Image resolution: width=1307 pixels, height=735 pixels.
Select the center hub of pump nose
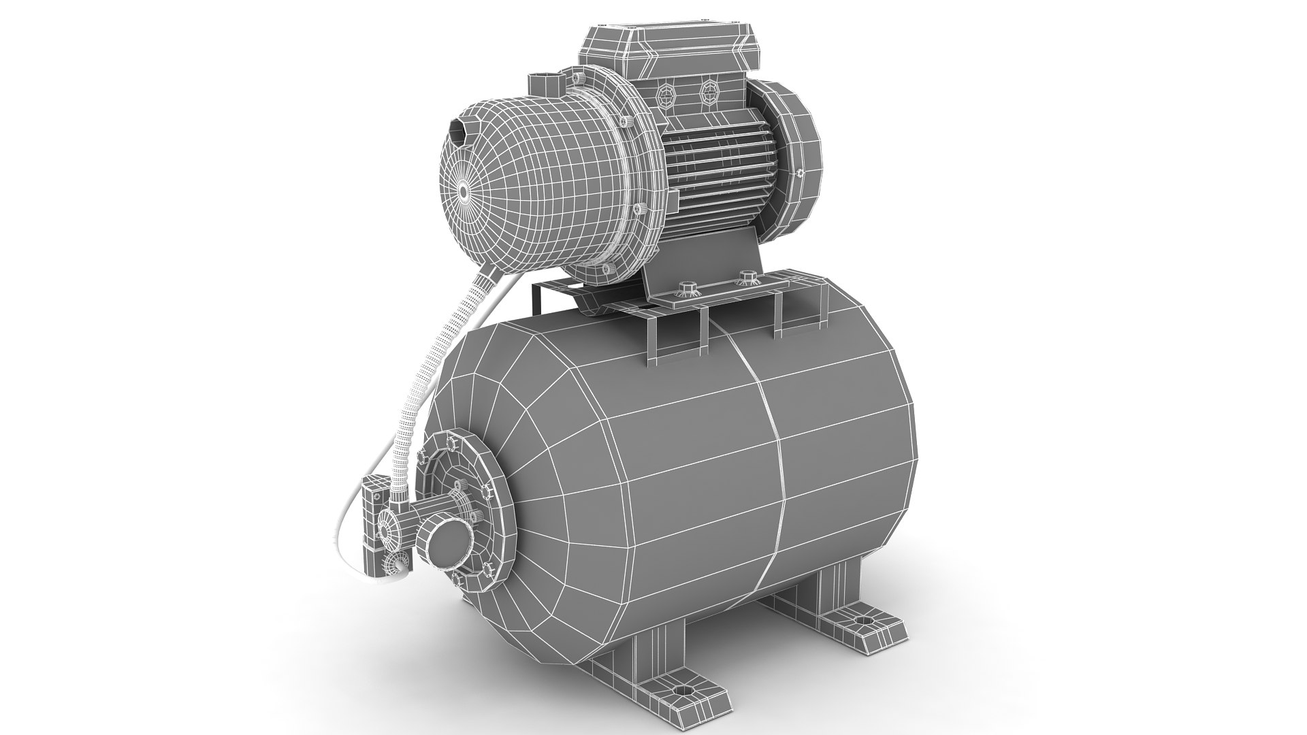464,193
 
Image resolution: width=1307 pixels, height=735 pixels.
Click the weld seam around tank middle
775,476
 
